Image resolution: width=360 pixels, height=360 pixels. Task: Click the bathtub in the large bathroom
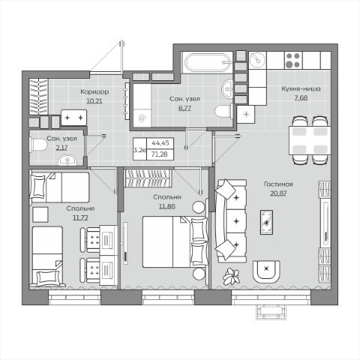(208, 62)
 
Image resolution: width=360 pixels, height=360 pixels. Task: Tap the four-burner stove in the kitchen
(292, 60)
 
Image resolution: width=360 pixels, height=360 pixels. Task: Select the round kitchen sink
(257, 60)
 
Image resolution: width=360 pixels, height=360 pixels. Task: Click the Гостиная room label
(278, 184)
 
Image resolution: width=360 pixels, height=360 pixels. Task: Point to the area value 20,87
(278, 193)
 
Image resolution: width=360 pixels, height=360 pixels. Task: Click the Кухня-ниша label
(301, 89)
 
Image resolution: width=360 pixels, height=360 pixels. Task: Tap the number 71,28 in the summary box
(160, 154)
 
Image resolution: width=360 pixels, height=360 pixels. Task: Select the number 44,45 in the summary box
(160, 143)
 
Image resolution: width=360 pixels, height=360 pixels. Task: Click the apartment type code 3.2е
(139, 150)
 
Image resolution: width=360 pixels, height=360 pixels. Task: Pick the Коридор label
(94, 92)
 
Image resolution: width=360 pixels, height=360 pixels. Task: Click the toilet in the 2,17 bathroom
(39, 145)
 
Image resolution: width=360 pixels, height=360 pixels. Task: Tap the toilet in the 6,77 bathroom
(224, 112)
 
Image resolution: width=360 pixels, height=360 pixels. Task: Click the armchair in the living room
(266, 271)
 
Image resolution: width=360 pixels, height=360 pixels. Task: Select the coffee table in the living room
(267, 222)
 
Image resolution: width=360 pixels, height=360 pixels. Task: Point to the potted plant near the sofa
(232, 277)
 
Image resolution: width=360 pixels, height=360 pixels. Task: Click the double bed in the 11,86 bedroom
(175, 241)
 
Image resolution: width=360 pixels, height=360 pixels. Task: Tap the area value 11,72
(80, 217)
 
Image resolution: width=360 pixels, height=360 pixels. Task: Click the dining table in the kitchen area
(310, 140)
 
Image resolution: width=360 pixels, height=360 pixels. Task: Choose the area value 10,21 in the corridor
(94, 101)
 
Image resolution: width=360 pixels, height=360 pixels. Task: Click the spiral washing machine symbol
(142, 118)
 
